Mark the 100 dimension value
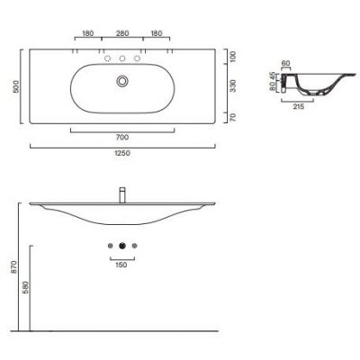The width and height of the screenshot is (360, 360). point(233,56)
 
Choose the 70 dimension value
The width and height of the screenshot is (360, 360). point(233,117)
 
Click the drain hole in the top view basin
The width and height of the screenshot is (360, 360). point(121,83)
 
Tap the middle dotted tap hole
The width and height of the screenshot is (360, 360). point(121,58)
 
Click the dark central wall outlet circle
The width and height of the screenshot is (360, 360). point(121,247)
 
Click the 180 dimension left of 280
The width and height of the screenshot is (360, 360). point(88,33)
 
